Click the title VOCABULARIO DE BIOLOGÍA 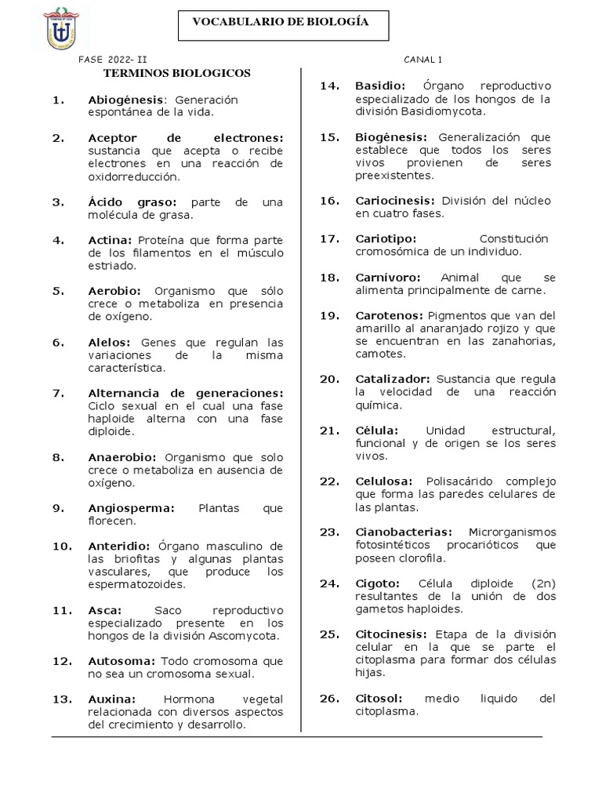coord(281,23)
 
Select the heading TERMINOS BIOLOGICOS coord(177,73)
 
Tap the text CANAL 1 coord(423,60)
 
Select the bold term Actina coord(112,240)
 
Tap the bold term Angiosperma coord(131,508)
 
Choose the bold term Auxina coord(112,699)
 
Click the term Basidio coord(380,85)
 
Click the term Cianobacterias coord(404,532)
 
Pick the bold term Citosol coord(379,699)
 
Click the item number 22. coord(328,481)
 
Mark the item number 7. coord(57,392)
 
